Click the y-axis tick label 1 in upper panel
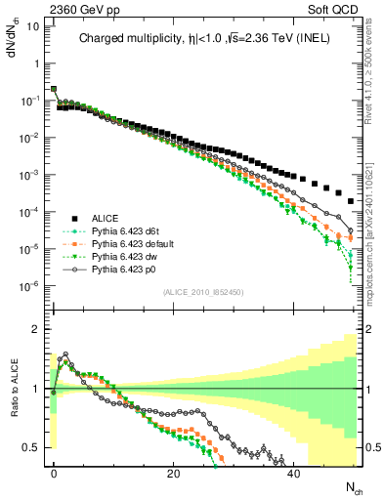point(36,63)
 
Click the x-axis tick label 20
point(173,473)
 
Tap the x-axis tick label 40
point(293,473)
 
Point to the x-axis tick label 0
point(54,473)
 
